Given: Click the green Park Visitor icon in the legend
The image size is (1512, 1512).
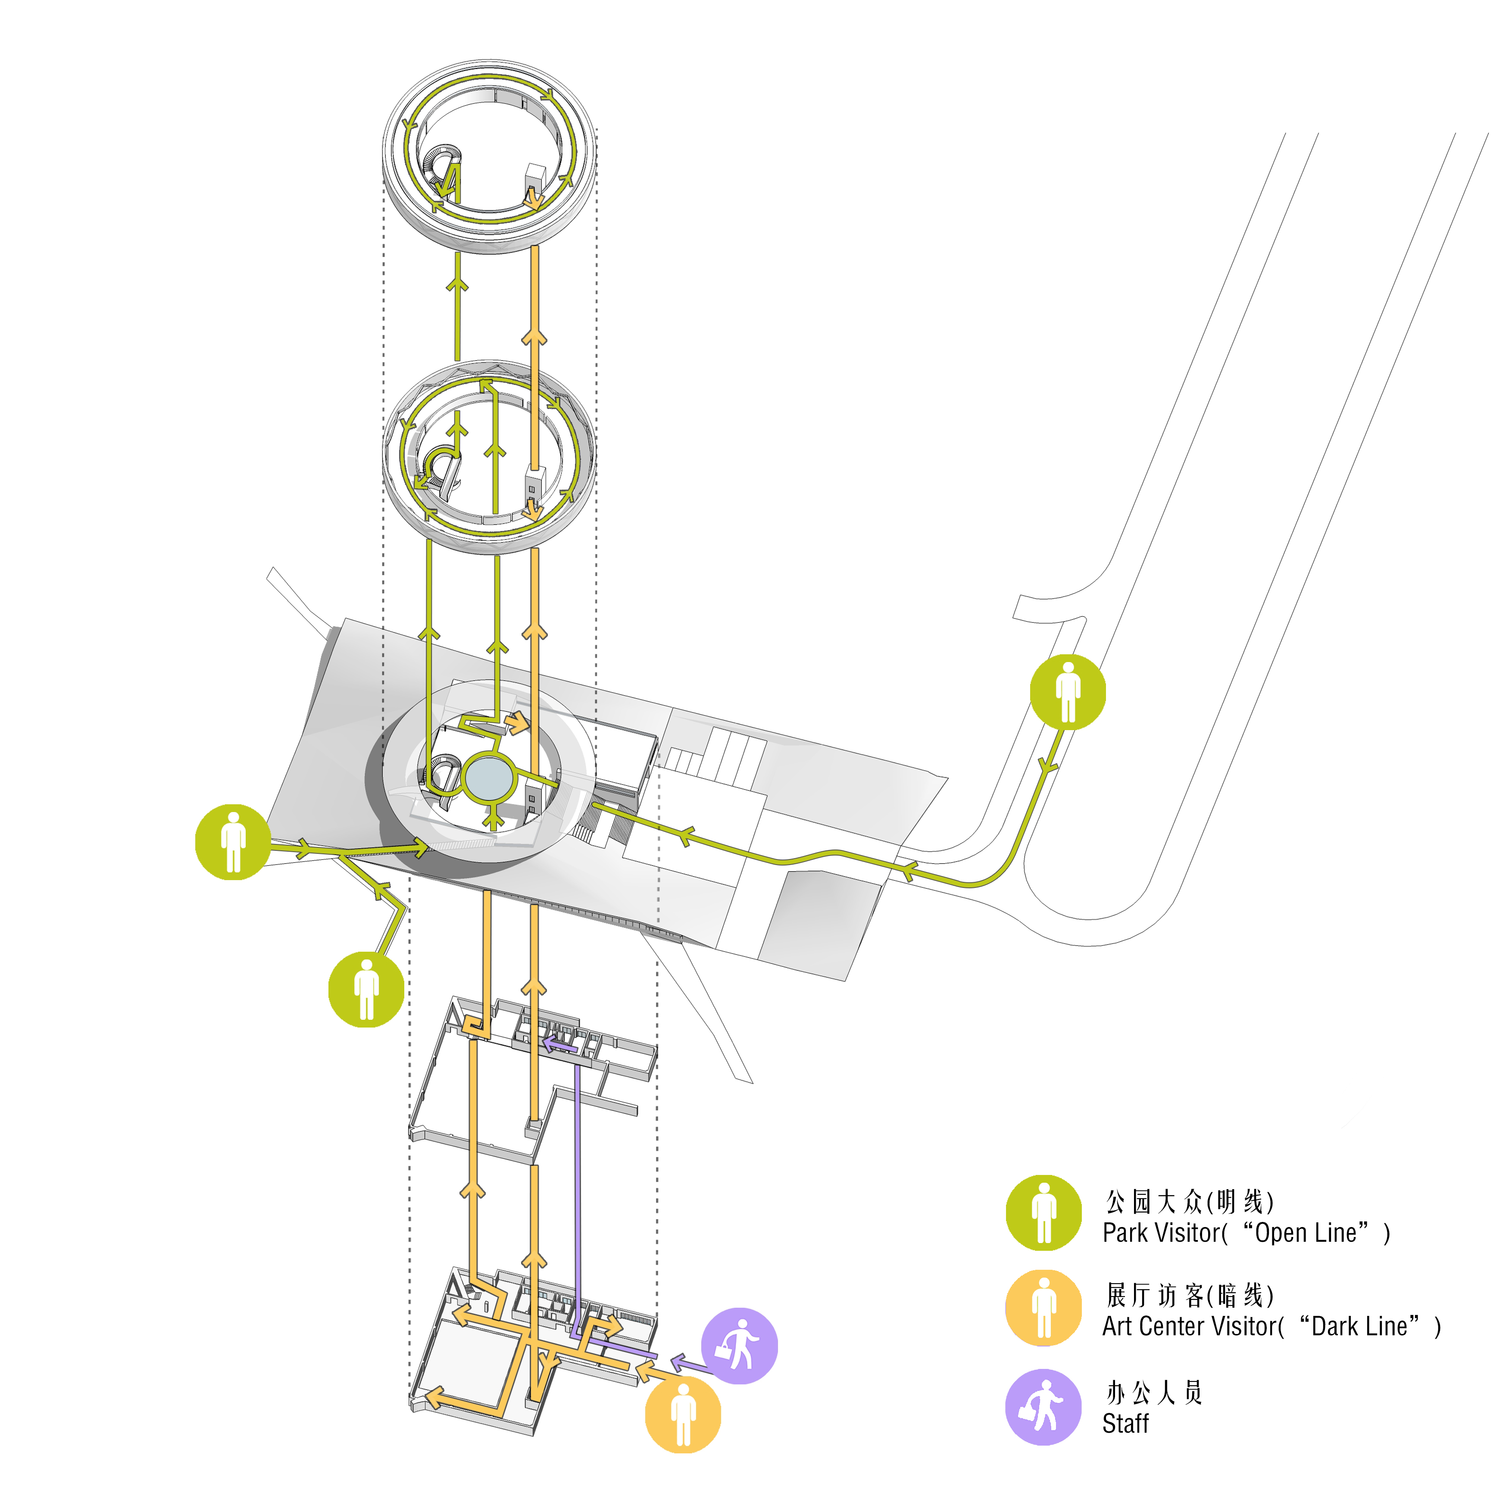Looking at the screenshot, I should (1043, 1213).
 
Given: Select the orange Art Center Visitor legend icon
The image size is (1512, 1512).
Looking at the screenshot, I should (1043, 1308).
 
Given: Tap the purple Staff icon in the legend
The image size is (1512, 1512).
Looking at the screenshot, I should (1043, 1406).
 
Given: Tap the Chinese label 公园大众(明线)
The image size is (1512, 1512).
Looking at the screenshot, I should (1190, 1201).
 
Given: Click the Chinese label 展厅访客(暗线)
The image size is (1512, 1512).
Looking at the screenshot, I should (1190, 1295).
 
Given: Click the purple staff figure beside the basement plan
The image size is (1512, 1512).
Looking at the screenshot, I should (739, 1346).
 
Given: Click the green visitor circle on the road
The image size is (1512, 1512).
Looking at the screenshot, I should (1068, 692).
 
